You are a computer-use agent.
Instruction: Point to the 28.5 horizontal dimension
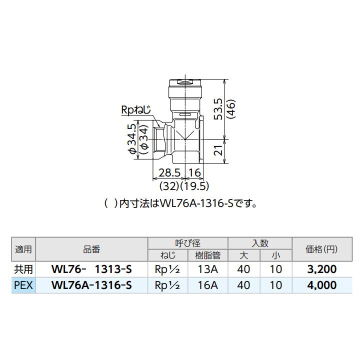pyautogui.click(x=169, y=173)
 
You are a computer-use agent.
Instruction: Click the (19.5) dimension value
pyautogui.click(x=197, y=186)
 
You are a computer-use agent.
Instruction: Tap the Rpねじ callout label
pyautogui.click(x=134, y=109)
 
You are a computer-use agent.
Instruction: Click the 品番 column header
pyautogui.click(x=92, y=249)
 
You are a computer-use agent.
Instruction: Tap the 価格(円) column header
pyautogui.click(x=320, y=249)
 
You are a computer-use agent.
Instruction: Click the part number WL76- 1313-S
pyautogui.click(x=92, y=269)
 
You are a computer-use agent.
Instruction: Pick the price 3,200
pyautogui.click(x=320, y=269)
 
